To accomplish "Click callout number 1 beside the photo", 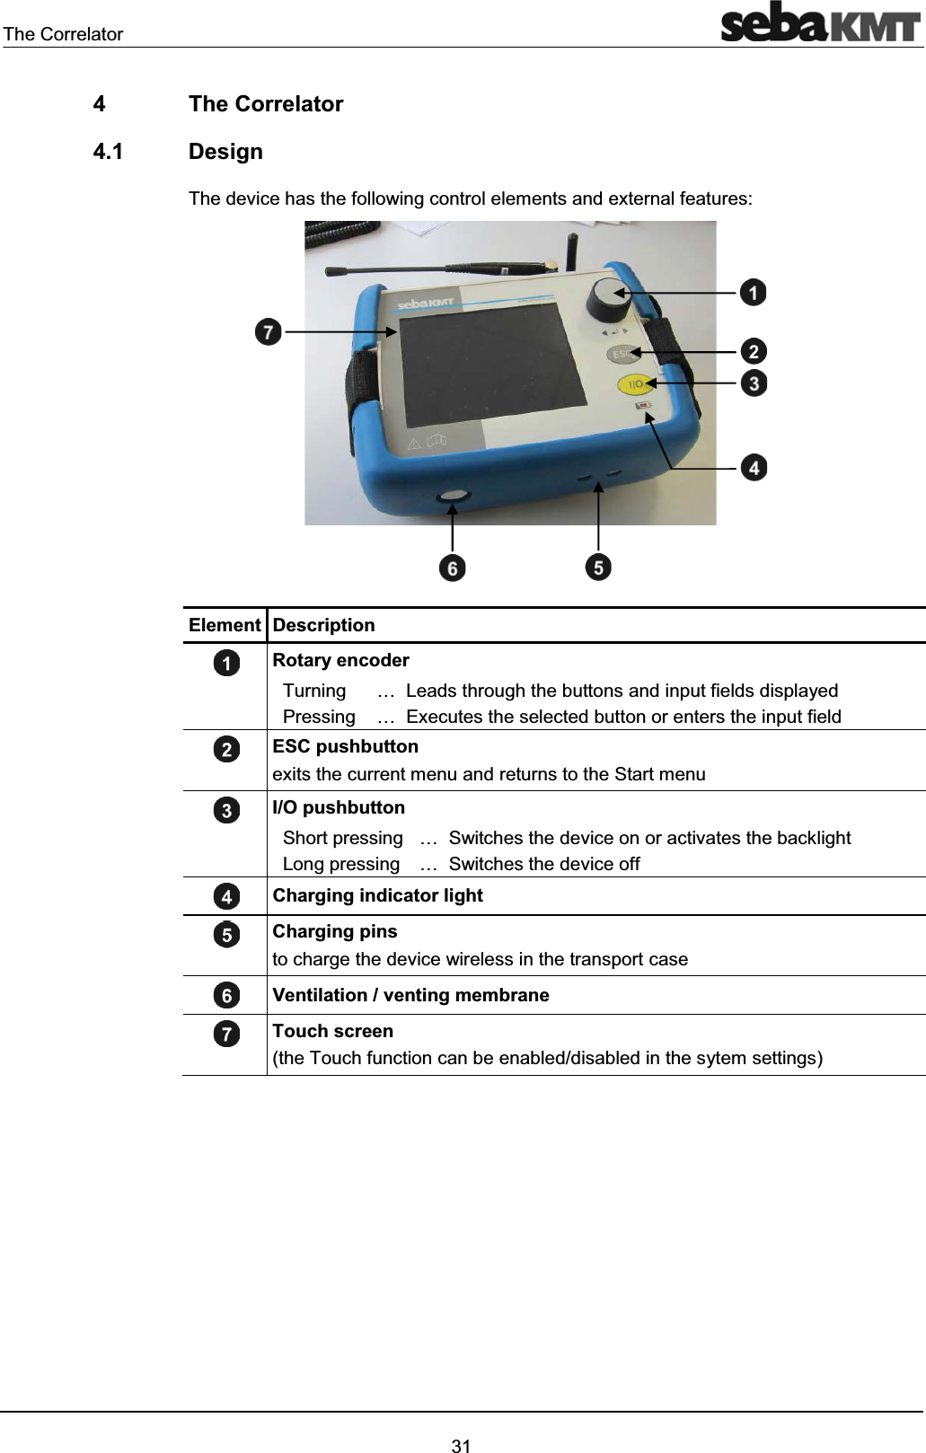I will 753,293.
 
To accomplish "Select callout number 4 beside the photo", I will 754,468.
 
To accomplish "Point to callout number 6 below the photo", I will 452,568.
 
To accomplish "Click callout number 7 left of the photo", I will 268,331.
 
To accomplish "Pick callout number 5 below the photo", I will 598,567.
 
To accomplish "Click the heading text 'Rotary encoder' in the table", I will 340,660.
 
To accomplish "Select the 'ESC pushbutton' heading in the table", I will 345,746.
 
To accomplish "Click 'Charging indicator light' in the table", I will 377,895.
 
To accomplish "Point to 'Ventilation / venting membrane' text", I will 410,995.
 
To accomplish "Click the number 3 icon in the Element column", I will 227,810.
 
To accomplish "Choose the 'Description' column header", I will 323,625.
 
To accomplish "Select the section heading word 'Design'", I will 225,151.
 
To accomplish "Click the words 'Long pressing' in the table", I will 340,864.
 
